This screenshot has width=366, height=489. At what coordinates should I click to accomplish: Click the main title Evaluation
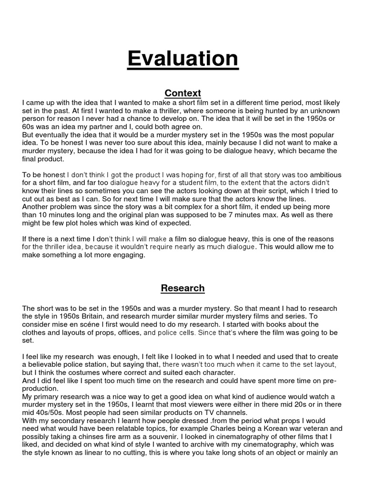point(183,59)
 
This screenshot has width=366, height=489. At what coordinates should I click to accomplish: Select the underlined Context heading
point(183,93)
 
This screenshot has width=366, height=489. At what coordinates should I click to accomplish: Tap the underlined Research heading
point(183,288)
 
